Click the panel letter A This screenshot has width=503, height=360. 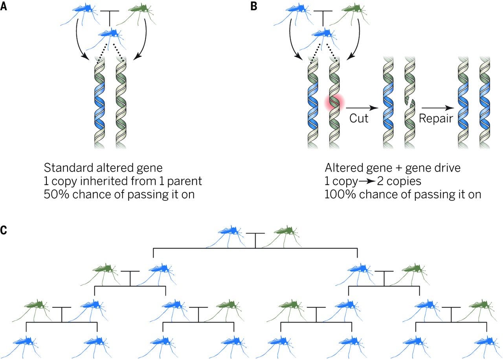[4, 7]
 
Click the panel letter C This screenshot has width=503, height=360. [4, 230]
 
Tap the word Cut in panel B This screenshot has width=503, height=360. [359, 118]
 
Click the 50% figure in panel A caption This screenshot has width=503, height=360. [55, 194]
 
